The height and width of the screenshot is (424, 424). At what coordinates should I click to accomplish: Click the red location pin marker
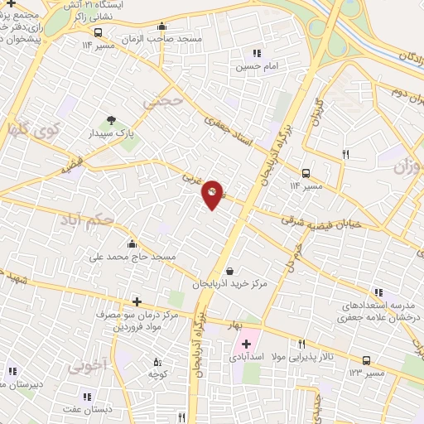click(x=213, y=194)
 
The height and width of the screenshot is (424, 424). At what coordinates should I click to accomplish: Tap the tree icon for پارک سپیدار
click(x=110, y=121)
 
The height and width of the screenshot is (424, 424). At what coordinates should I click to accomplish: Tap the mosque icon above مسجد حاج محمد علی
click(x=132, y=245)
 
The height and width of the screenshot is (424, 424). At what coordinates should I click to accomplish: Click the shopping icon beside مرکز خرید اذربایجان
click(x=229, y=271)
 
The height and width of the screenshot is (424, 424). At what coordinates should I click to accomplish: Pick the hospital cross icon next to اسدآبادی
click(x=246, y=343)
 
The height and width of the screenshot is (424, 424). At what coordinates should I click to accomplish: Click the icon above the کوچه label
click(x=157, y=362)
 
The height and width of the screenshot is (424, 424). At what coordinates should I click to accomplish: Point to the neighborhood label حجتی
click(x=160, y=101)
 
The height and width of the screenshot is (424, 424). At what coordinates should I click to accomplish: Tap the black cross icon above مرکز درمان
click(x=137, y=302)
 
